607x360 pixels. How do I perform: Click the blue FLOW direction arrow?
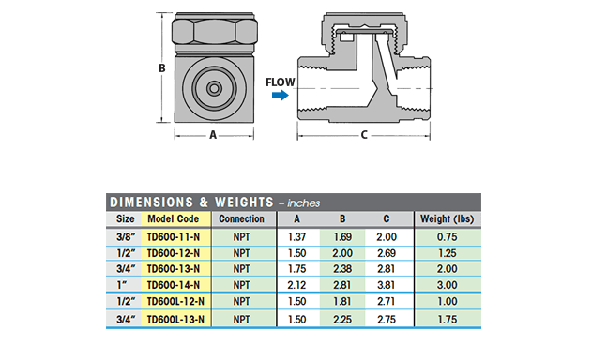[281, 95]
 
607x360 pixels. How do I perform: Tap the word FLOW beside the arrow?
[281, 82]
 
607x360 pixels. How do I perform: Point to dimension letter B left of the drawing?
[162, 68]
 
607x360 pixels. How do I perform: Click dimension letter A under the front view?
[213, 135]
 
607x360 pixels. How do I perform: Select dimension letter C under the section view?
[364, 135]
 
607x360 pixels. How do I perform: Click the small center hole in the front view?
[214, 88]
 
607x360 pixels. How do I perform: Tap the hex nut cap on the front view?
[215, 31]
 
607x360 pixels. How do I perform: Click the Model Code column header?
[173, 218]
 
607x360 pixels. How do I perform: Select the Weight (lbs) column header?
[448, 218]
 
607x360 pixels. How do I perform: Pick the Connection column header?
[241, 218]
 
